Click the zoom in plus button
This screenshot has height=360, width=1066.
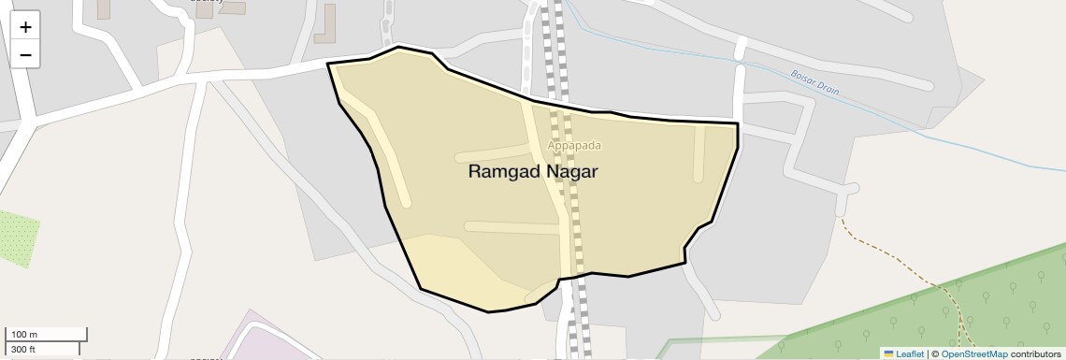25,27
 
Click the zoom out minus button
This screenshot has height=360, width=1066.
25,55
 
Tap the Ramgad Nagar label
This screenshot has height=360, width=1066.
532,172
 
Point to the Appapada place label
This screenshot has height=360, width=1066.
574,145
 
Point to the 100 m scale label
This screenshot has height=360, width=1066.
24,335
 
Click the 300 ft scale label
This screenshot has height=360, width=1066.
23,350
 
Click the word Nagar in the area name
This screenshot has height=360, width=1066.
572,172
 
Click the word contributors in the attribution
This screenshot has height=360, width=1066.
1035,353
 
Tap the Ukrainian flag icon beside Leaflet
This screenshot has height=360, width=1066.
888,353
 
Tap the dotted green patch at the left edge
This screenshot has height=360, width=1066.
17,239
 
